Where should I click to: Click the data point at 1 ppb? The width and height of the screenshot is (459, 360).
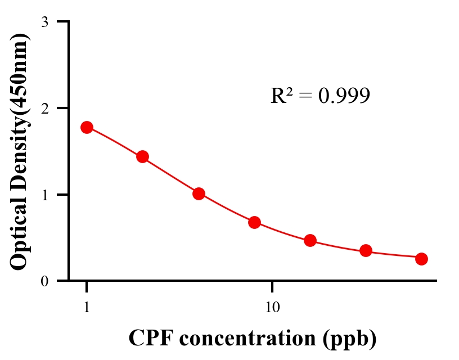(x=87, y=127)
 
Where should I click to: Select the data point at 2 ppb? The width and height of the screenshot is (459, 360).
(x=142, y=156)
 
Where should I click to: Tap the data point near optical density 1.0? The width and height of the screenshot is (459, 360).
(x=199, y=193)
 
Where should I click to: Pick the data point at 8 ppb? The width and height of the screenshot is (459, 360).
(x=254, y=222)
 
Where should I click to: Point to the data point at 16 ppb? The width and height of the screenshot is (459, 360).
(x=310, y=241)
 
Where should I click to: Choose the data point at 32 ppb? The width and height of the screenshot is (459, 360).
(x=366, y=251)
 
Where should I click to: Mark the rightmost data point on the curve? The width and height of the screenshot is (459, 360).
(x=421, y=259)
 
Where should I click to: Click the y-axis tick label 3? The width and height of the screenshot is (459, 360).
(x=44, y=22)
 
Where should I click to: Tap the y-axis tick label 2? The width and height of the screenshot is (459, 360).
(x=44, y=108)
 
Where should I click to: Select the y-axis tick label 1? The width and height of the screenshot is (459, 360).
(x=44, y=195)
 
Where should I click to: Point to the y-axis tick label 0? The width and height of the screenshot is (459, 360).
(x=44, y=281)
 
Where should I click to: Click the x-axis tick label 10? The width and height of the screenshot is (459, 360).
(x=272, y=308)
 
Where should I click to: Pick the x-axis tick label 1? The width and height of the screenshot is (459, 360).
(x=87, y=308)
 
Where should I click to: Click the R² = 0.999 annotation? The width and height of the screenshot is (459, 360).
(x=320, y=96)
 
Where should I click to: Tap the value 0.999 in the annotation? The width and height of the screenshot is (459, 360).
(x=344, y=96)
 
